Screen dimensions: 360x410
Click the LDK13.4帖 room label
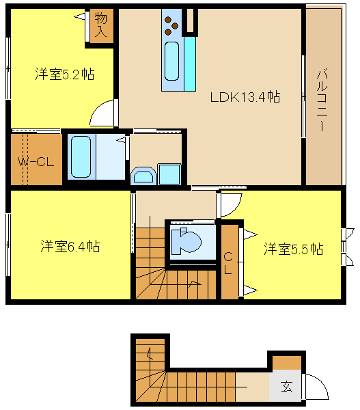(x=245, y=97)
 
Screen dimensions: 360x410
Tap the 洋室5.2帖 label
(x=65, y=74)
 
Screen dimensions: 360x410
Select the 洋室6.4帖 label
(x=70, y=246)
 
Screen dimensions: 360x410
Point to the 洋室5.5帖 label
(x=293, y=249)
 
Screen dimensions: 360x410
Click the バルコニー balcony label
(x=322, y=100)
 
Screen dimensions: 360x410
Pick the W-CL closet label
(x=36, y=162)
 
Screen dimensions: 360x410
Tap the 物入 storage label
(x=101, y=25)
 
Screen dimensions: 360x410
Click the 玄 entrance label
(x=286, y=387)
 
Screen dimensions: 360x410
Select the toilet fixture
(x=186, y=241)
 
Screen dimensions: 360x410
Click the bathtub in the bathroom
(x=81, y=156)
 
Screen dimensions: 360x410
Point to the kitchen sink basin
(x=171, y=61)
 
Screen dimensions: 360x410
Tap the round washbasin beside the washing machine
(x=143, y=176)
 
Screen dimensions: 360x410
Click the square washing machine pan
(x=169, y=174)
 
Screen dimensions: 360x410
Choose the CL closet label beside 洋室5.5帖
(x=228, y=263)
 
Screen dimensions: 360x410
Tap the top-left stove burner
(x=167, y=20)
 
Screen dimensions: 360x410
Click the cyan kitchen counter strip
(x=190, y=64)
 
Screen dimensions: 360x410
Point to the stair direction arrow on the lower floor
(x=150, y=353)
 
